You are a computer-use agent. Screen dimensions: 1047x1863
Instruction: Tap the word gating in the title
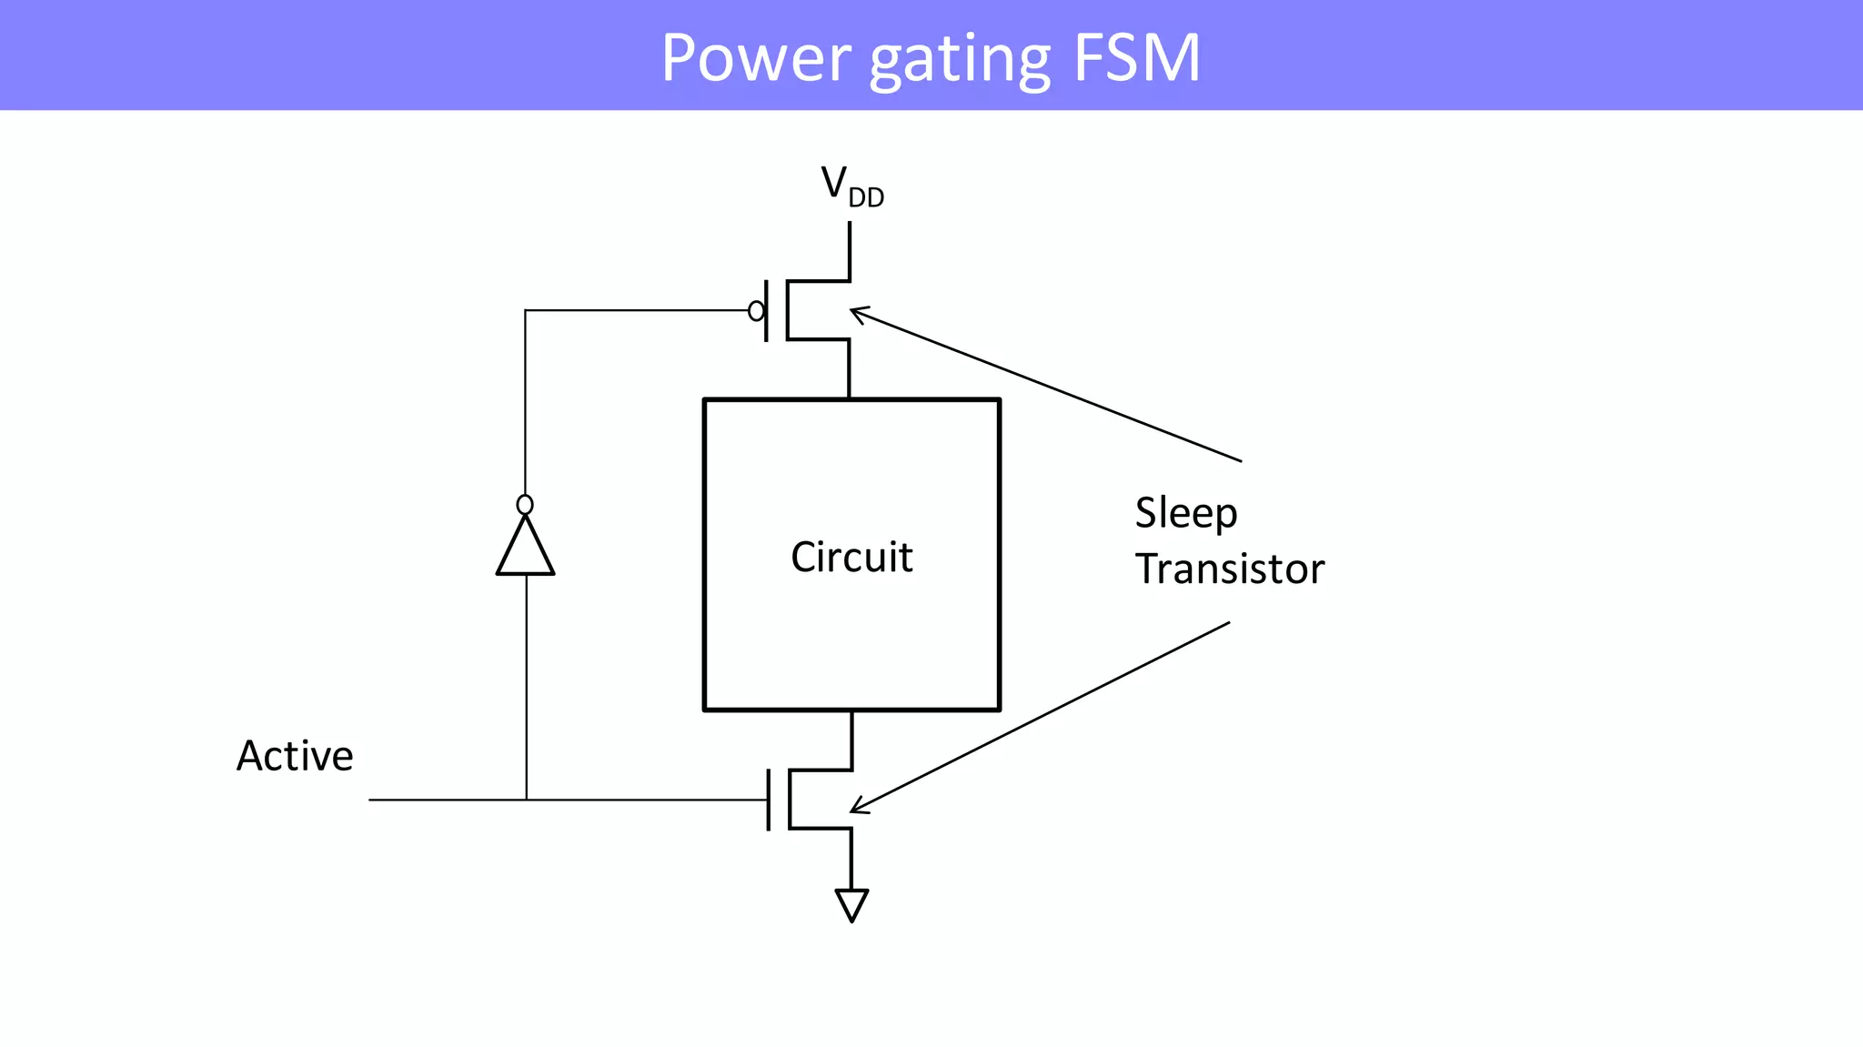[960, 60]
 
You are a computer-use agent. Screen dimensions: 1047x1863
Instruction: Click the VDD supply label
[851, 186]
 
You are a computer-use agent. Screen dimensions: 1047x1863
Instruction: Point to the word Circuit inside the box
[851, 557]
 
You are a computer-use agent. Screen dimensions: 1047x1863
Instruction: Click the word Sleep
[1185, 514]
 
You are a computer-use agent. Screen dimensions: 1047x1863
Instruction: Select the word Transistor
[1229, 569]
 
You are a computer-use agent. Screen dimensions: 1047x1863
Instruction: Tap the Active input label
[295, 756]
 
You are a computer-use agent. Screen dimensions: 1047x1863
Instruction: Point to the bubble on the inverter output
[525, 505]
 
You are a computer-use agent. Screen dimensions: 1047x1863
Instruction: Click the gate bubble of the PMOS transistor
[756, 311]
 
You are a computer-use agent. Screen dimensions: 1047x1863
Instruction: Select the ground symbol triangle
[851, 904]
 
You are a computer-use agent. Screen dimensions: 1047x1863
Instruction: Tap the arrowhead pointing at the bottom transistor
[857, 808]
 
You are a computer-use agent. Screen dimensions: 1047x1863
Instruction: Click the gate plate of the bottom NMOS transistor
[769, 800]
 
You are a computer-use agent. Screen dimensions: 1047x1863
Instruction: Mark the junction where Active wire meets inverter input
[526, 800]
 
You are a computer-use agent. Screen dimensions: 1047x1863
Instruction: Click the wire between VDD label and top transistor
[850, 250]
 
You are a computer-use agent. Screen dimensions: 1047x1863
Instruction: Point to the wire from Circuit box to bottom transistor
[851, 739]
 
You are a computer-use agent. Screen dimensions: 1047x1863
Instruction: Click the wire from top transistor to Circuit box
[849, 369]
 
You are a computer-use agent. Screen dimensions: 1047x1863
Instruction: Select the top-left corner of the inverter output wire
[525, 311]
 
